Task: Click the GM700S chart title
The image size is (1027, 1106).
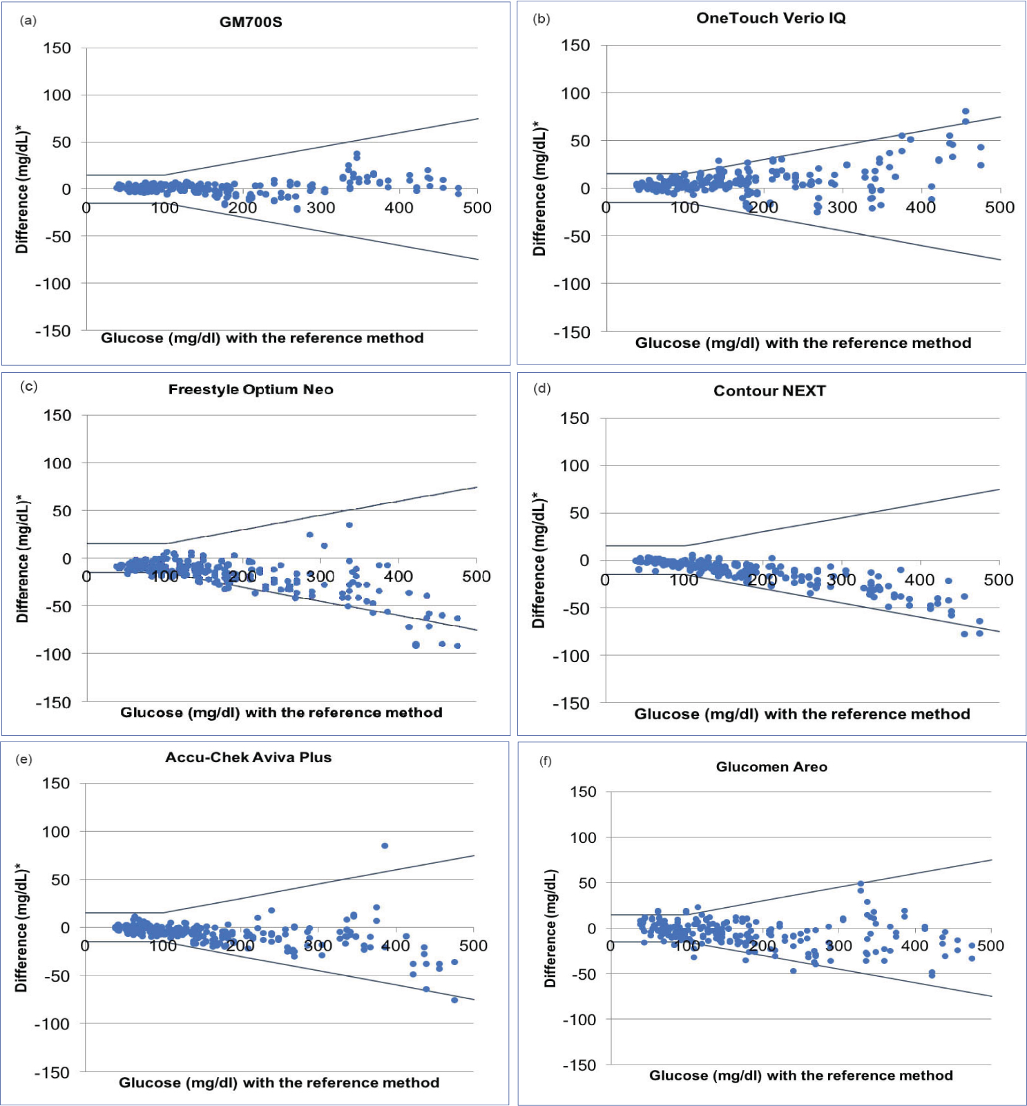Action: pos(251,22)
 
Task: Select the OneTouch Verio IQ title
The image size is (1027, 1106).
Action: pos(771,19)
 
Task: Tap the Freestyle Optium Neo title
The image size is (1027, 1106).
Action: pos(251,389)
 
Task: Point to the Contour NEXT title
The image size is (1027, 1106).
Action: pos(769,391)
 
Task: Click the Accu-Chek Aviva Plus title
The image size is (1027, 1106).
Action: pos(248,757)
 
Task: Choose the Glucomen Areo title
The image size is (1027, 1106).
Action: pos(771,767)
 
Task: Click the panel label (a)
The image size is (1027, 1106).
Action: pos(28,20)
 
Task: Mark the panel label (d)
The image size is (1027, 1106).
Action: pos(542,389)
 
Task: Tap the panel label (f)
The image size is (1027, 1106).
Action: pos(546,761)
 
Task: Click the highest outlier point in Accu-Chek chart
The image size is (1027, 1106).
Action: pos(385,846)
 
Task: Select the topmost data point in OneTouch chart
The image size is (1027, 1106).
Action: pos(966,111)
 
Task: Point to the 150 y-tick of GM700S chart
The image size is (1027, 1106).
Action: pos(57,48)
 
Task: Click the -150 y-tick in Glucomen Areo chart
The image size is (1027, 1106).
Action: pos(579,1065)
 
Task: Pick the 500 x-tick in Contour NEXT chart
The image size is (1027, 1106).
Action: pos(998,580)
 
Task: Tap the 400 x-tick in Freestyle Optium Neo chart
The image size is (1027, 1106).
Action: pos(399,576)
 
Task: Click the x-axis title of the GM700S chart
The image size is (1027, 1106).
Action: pos(262,338)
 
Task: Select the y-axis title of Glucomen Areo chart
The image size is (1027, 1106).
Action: pos(550,928)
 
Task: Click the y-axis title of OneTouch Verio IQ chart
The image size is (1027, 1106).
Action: pos(539,188)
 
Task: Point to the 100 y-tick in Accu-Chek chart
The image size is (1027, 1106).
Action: pos(56,832)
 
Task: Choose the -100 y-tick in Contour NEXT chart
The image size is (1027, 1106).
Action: pos(570,656)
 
